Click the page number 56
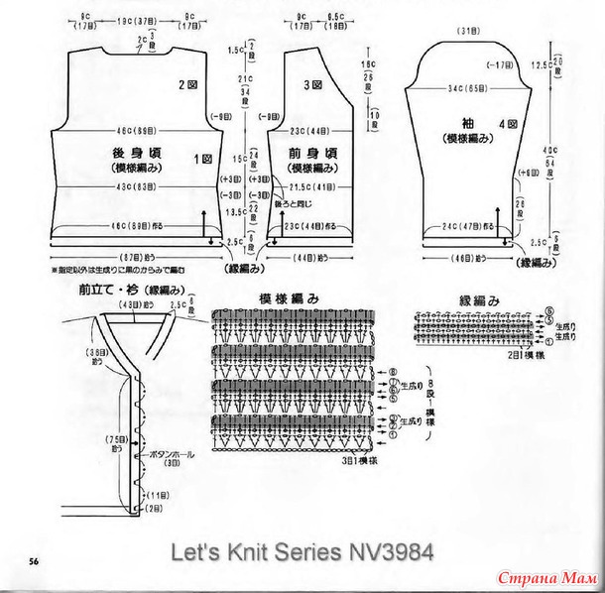point(34,561)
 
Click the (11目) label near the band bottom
point(156,495)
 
